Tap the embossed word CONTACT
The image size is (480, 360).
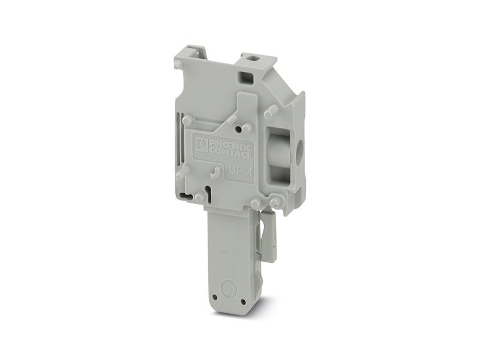point(229,152)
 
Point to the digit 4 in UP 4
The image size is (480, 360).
point(249,173)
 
